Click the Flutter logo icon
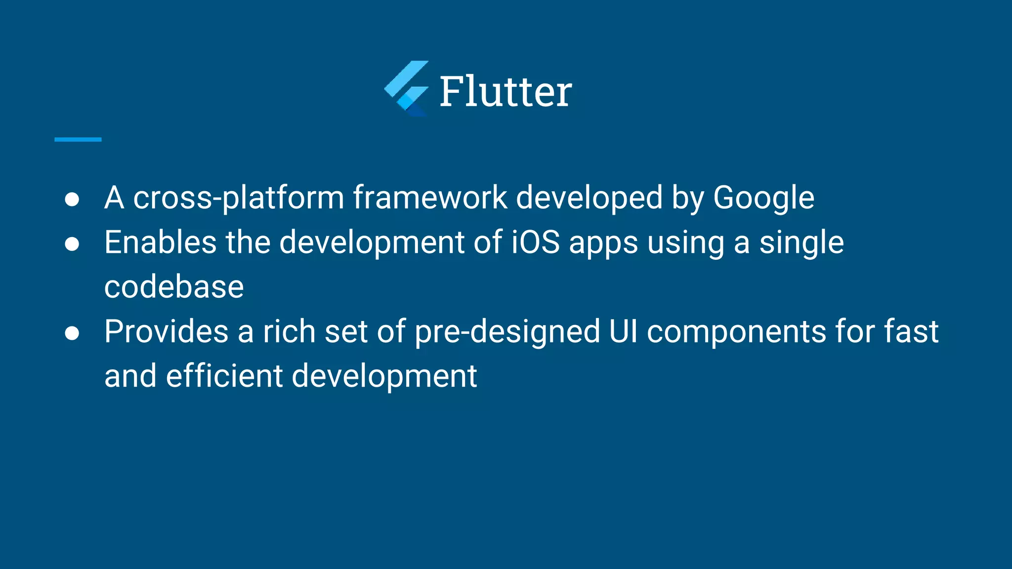click(407, 89)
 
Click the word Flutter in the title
click(506, 91)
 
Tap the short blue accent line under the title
click(78, 140)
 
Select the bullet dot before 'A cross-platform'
click(72, 199)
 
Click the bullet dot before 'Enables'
click(72, 244)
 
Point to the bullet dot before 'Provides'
click(72, 333)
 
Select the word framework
click(430, 198)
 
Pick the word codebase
click(174, 287)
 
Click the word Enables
click(160, 243)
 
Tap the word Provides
click(167, 331)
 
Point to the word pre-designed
click(507, 332)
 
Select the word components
click(736, 332)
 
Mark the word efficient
click(224, 376)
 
